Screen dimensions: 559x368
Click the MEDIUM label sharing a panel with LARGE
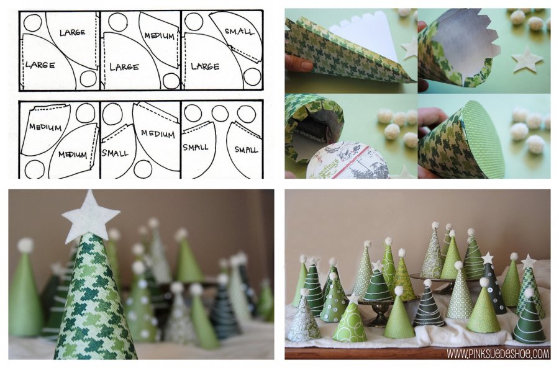click(x=160, y=36)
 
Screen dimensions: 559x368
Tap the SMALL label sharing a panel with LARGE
click(x=240, y=32)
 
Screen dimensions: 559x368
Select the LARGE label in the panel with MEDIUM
click(x=124, y=66)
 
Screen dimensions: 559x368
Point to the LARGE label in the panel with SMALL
click(x=205, y=66)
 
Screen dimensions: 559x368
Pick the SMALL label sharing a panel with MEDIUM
click(x=115, y=153)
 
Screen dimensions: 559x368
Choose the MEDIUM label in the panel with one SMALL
click(x=158, y=133)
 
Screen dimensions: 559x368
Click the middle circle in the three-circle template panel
click(x=220, y=113)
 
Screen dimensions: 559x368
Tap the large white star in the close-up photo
click(x=91, y=213)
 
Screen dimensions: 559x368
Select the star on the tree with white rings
click(x=377, y=266)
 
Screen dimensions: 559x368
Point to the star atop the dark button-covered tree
click(x=487, y=258)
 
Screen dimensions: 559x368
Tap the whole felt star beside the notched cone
click(x=527, y=59)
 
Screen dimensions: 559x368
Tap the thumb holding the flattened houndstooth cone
click(x=299, y=63)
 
